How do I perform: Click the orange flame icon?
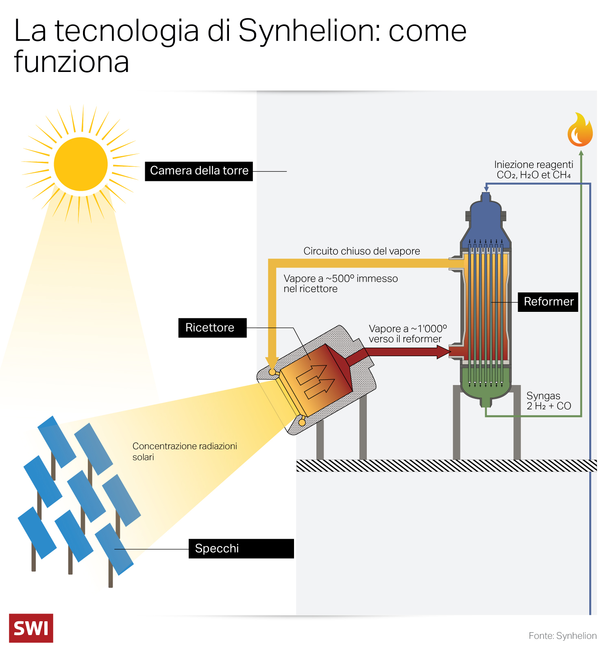pyautogui.click(x=580, y=131)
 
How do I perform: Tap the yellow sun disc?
pyautogui.click(x=81, y=164)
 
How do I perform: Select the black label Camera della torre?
pyautogui.click(x=199, y=171)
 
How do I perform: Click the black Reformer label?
pyautogui.click(x=548, y=302)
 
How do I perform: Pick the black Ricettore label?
pyautogui.click(x=212, y=328)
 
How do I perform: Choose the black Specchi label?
pyautogui.click(x=241, y=548)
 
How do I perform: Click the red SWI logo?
pyautogui.click(x=31, y=628)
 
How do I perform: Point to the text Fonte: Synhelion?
pyautogui.click(x=562, y=635)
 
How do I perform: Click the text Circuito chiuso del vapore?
pyautogui.click(x=362, y=251)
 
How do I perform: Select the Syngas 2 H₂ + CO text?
pyautogui.click(x=549, y=401)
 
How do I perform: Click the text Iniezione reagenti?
pyautogui.click(x=534, y=165)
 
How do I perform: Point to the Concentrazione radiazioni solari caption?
pyautogui.click(x=185, y=451)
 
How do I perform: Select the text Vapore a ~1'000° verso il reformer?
pyautogui.click(x=407, y=334)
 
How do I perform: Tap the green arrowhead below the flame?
pyautogui.click(x=581, y=153)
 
